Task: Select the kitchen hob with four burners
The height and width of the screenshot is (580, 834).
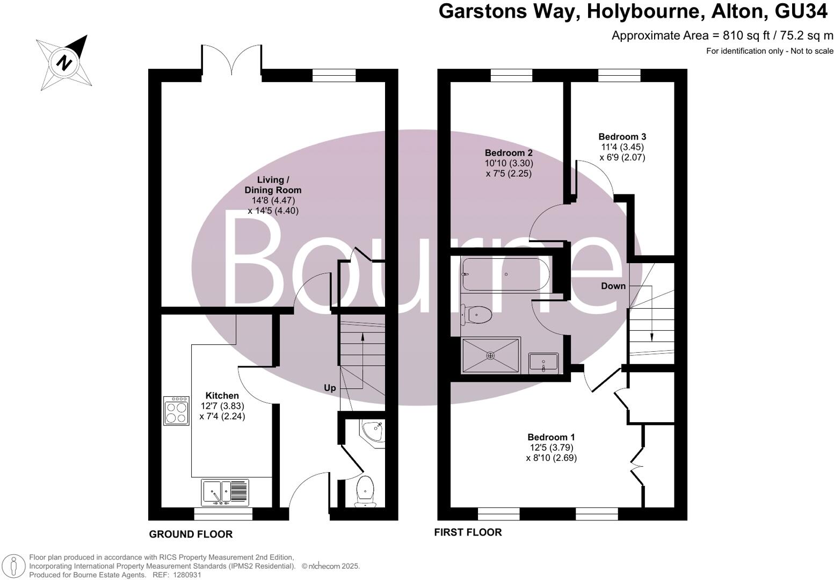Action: (x=177, y=411)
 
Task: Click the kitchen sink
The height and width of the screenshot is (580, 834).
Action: (x=225, y=492)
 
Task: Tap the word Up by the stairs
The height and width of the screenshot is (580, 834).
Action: (x=329, y=388)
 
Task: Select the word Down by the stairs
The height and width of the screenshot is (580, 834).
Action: (x=613, y=286)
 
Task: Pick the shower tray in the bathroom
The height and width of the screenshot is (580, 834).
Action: (x=491, y=355)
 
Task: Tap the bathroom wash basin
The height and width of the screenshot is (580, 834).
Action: (x=543, y=362)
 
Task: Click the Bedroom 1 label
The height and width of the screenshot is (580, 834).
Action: (x=551, y=437)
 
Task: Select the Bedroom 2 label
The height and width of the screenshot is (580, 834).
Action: (x=508, y=153)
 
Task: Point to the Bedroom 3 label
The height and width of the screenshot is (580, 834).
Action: (x=622, y=136)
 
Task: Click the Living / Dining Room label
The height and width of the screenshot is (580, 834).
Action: (x=273, y=185)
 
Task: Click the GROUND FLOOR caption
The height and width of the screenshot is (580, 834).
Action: (x=191, y=534)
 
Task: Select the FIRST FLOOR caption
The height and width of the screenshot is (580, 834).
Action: (x=468, y=532)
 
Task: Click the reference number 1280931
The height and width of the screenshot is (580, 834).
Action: (x=184, y=575)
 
